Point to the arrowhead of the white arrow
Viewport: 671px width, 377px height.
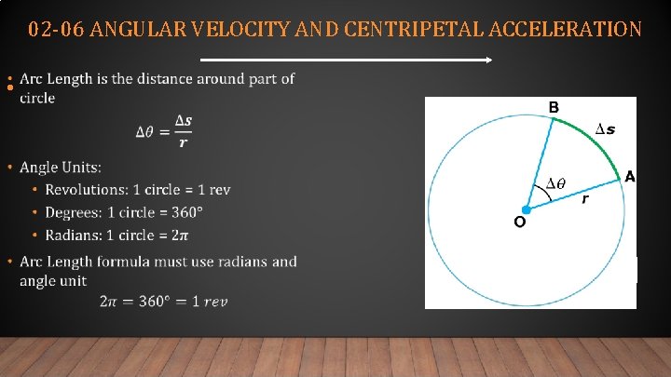tap(487, 60)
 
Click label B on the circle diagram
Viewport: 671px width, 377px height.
tap(554, 108)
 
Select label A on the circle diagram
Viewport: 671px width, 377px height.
tap(630, 176)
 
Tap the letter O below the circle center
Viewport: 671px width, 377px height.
tap(519, 223)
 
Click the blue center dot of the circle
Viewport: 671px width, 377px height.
tap(527, 209)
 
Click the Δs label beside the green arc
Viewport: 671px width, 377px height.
tap(604, 128)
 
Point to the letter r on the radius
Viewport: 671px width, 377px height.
tap(584, 199)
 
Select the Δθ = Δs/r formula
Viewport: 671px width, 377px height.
tap(165, 131)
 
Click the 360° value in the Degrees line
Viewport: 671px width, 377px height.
tap(187, 212)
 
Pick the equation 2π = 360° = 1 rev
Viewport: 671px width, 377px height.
tap(163, 302)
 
